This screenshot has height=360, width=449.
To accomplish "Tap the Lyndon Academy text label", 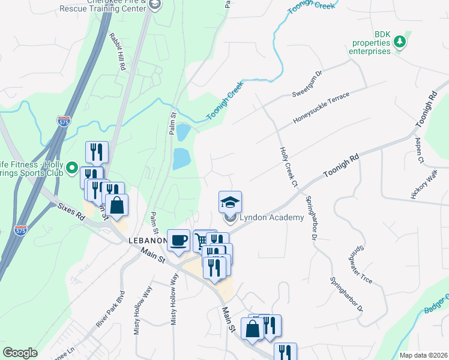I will coord(272,217).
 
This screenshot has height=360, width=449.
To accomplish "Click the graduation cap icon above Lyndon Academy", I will coord(231,202).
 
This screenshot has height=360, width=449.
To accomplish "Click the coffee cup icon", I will coord(179,241).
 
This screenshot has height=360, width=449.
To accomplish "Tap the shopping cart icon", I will coord(202,238).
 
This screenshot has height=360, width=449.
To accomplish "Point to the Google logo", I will coord(20,353).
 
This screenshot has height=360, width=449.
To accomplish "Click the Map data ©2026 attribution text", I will coord(423,355).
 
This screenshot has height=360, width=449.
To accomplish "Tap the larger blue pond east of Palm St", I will coord(181,159).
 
